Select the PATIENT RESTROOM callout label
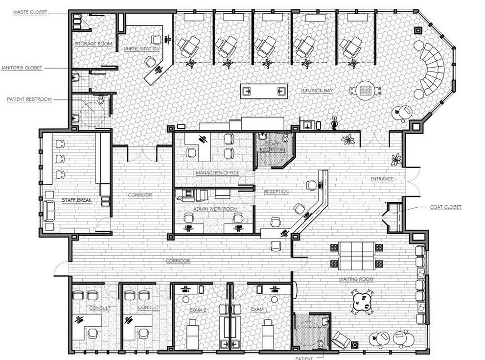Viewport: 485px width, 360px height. (x=29, y=99)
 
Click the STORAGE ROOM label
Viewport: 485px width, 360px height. (x=93, y=44)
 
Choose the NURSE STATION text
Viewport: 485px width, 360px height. (x=141, y=49)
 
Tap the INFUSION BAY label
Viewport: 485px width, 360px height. (x=317, y=91)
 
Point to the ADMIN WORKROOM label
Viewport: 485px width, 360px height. (x=215, y=209)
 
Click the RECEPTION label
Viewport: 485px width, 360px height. (x=276, y=192)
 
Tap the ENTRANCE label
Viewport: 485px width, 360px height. (x=382, y=179)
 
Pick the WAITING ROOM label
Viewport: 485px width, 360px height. (x=356, y=279)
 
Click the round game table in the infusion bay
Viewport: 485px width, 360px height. (x=365, y=90)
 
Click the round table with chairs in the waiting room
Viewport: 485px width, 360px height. (x=362, y=300)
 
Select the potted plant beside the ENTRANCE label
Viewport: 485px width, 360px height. (x=396, y=159)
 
